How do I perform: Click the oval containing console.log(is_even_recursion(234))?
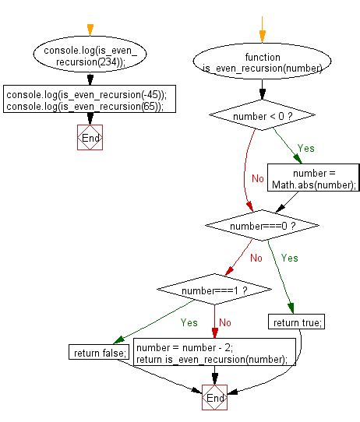(90, 57)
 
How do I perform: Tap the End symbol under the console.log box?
(90, 138)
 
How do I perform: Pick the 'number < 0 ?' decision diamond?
(262, 116)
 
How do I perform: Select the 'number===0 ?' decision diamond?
(262, 225)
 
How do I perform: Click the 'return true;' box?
(296, 321)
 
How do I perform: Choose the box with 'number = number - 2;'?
(215, 353)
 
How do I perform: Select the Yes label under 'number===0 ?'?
(289, 257)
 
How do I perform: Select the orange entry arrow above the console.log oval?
(90, 30)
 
